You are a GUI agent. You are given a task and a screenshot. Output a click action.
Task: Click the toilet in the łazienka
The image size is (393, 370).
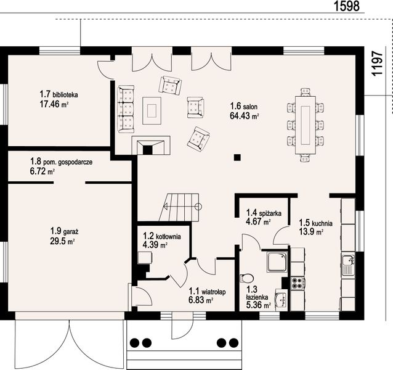click(246, 278)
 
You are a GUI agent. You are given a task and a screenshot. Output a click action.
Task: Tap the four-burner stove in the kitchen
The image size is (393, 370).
click(298, 284)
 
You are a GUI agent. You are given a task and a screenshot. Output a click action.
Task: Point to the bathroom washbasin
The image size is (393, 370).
click(282, 298)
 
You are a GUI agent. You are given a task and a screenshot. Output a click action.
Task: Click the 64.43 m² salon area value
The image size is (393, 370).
click(245, 116)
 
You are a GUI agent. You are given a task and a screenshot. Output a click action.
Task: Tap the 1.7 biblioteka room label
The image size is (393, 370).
click(59, 94)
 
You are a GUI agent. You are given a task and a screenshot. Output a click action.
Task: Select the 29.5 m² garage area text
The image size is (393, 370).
click(62, 241)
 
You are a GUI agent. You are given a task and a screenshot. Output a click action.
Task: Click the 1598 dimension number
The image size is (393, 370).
click(347, 6)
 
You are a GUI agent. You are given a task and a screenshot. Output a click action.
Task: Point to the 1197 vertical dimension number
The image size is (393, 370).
click(377, 63)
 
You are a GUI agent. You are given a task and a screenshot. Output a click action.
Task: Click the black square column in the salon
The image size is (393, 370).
click(237, 157)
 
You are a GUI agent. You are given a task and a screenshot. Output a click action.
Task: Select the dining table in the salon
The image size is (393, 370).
click(306, 125)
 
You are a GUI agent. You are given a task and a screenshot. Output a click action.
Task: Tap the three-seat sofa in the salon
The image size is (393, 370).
click(126, 109)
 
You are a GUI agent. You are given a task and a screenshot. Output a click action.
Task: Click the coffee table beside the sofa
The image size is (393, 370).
click(152, 110)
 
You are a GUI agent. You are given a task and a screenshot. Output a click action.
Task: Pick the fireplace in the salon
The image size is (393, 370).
click(151, 146)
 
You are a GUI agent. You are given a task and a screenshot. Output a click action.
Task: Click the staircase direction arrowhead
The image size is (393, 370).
click(166, 207)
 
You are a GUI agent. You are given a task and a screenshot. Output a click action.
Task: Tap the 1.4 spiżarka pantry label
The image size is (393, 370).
click(264, 213)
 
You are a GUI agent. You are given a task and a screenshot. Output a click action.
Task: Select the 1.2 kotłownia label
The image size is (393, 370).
click(162, 236)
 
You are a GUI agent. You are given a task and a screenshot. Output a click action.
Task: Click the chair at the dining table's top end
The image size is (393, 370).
click(306, 92)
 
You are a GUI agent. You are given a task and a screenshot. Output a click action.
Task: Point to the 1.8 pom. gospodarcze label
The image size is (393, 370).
click(61, 162)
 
